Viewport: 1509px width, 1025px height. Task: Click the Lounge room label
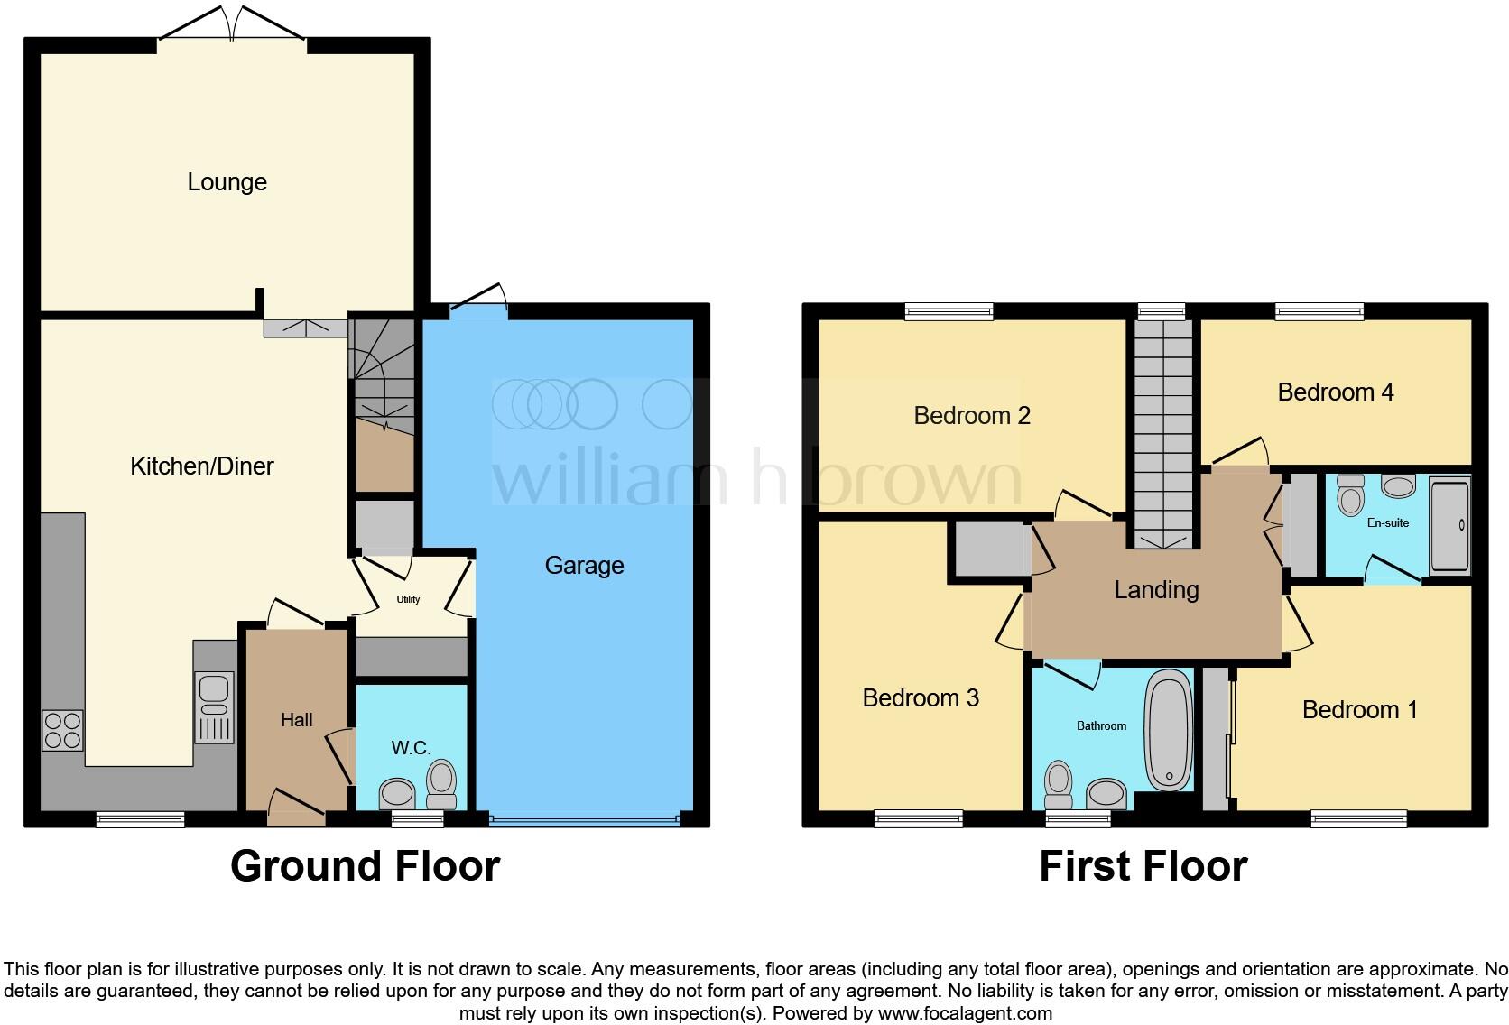click(227, 182)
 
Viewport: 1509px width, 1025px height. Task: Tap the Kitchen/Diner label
click(201, 466)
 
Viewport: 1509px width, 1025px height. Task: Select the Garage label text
click(584, 566)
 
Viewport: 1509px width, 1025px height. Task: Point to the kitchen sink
click(214, 706)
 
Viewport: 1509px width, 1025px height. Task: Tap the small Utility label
click(408, 599)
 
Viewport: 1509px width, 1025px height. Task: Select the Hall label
click(296, 720)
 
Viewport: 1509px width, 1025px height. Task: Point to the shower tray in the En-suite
click(1449, 525)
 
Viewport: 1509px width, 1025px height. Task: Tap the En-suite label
click(1387, 522)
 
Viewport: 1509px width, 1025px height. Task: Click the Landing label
click(1156, 590)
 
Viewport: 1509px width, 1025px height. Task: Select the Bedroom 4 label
click(1335, 392)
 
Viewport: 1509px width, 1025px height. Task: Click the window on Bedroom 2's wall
click(949, 311)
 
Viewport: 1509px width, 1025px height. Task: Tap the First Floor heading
click(1143, 866)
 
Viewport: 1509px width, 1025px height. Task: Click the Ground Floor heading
click(365, 866)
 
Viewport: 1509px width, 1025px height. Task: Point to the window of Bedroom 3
click(918, 818)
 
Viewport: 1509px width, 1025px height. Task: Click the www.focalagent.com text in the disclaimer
click(965, 1013)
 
